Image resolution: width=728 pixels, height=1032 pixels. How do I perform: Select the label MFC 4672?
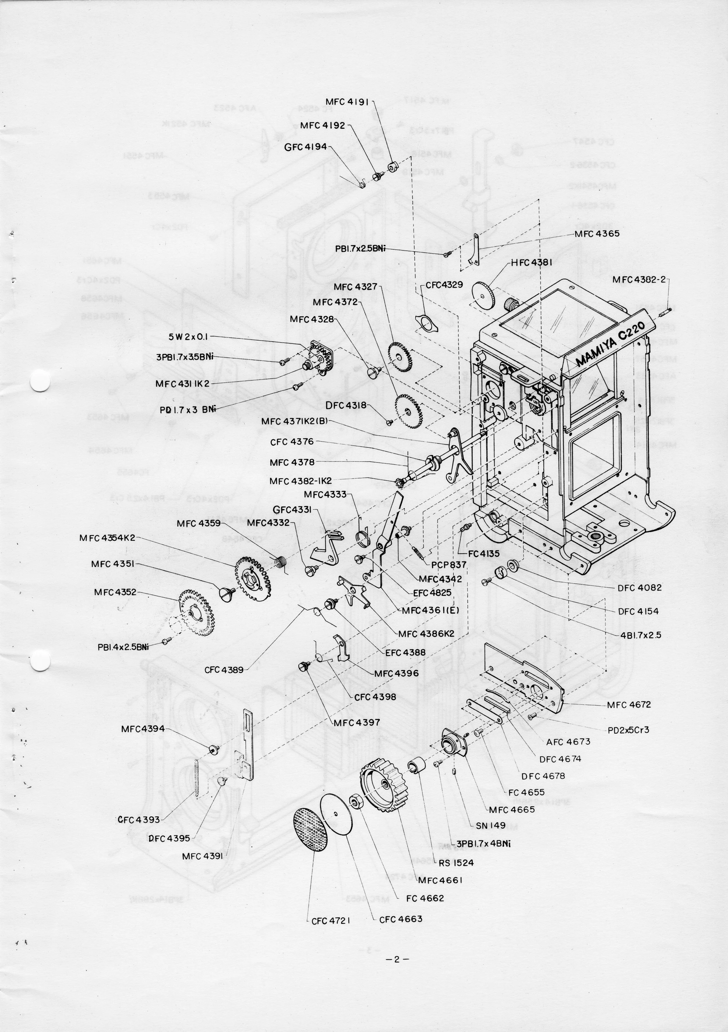pos(629,705)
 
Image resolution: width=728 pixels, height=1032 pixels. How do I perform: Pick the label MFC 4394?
pos(143,729)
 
